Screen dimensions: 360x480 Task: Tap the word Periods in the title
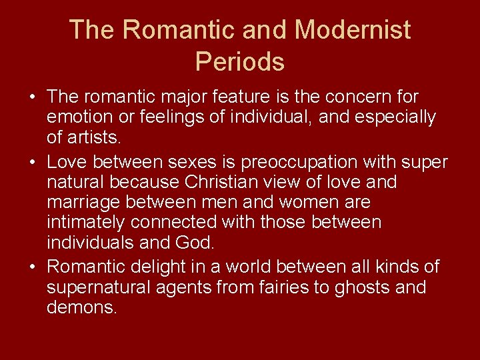(x=240, y=62)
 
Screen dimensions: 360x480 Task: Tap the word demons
(x=81, y=307)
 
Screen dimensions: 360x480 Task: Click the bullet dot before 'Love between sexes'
(x=33, y=163)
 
